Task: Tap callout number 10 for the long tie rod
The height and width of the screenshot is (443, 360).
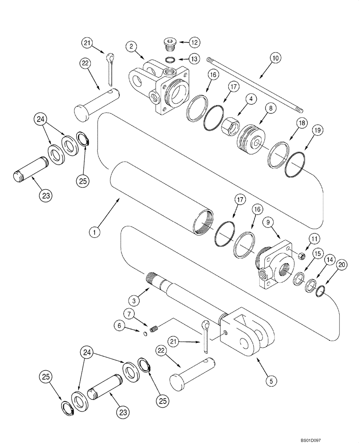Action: pos(275,58)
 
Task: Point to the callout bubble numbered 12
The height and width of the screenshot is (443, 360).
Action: pos(194,43)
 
